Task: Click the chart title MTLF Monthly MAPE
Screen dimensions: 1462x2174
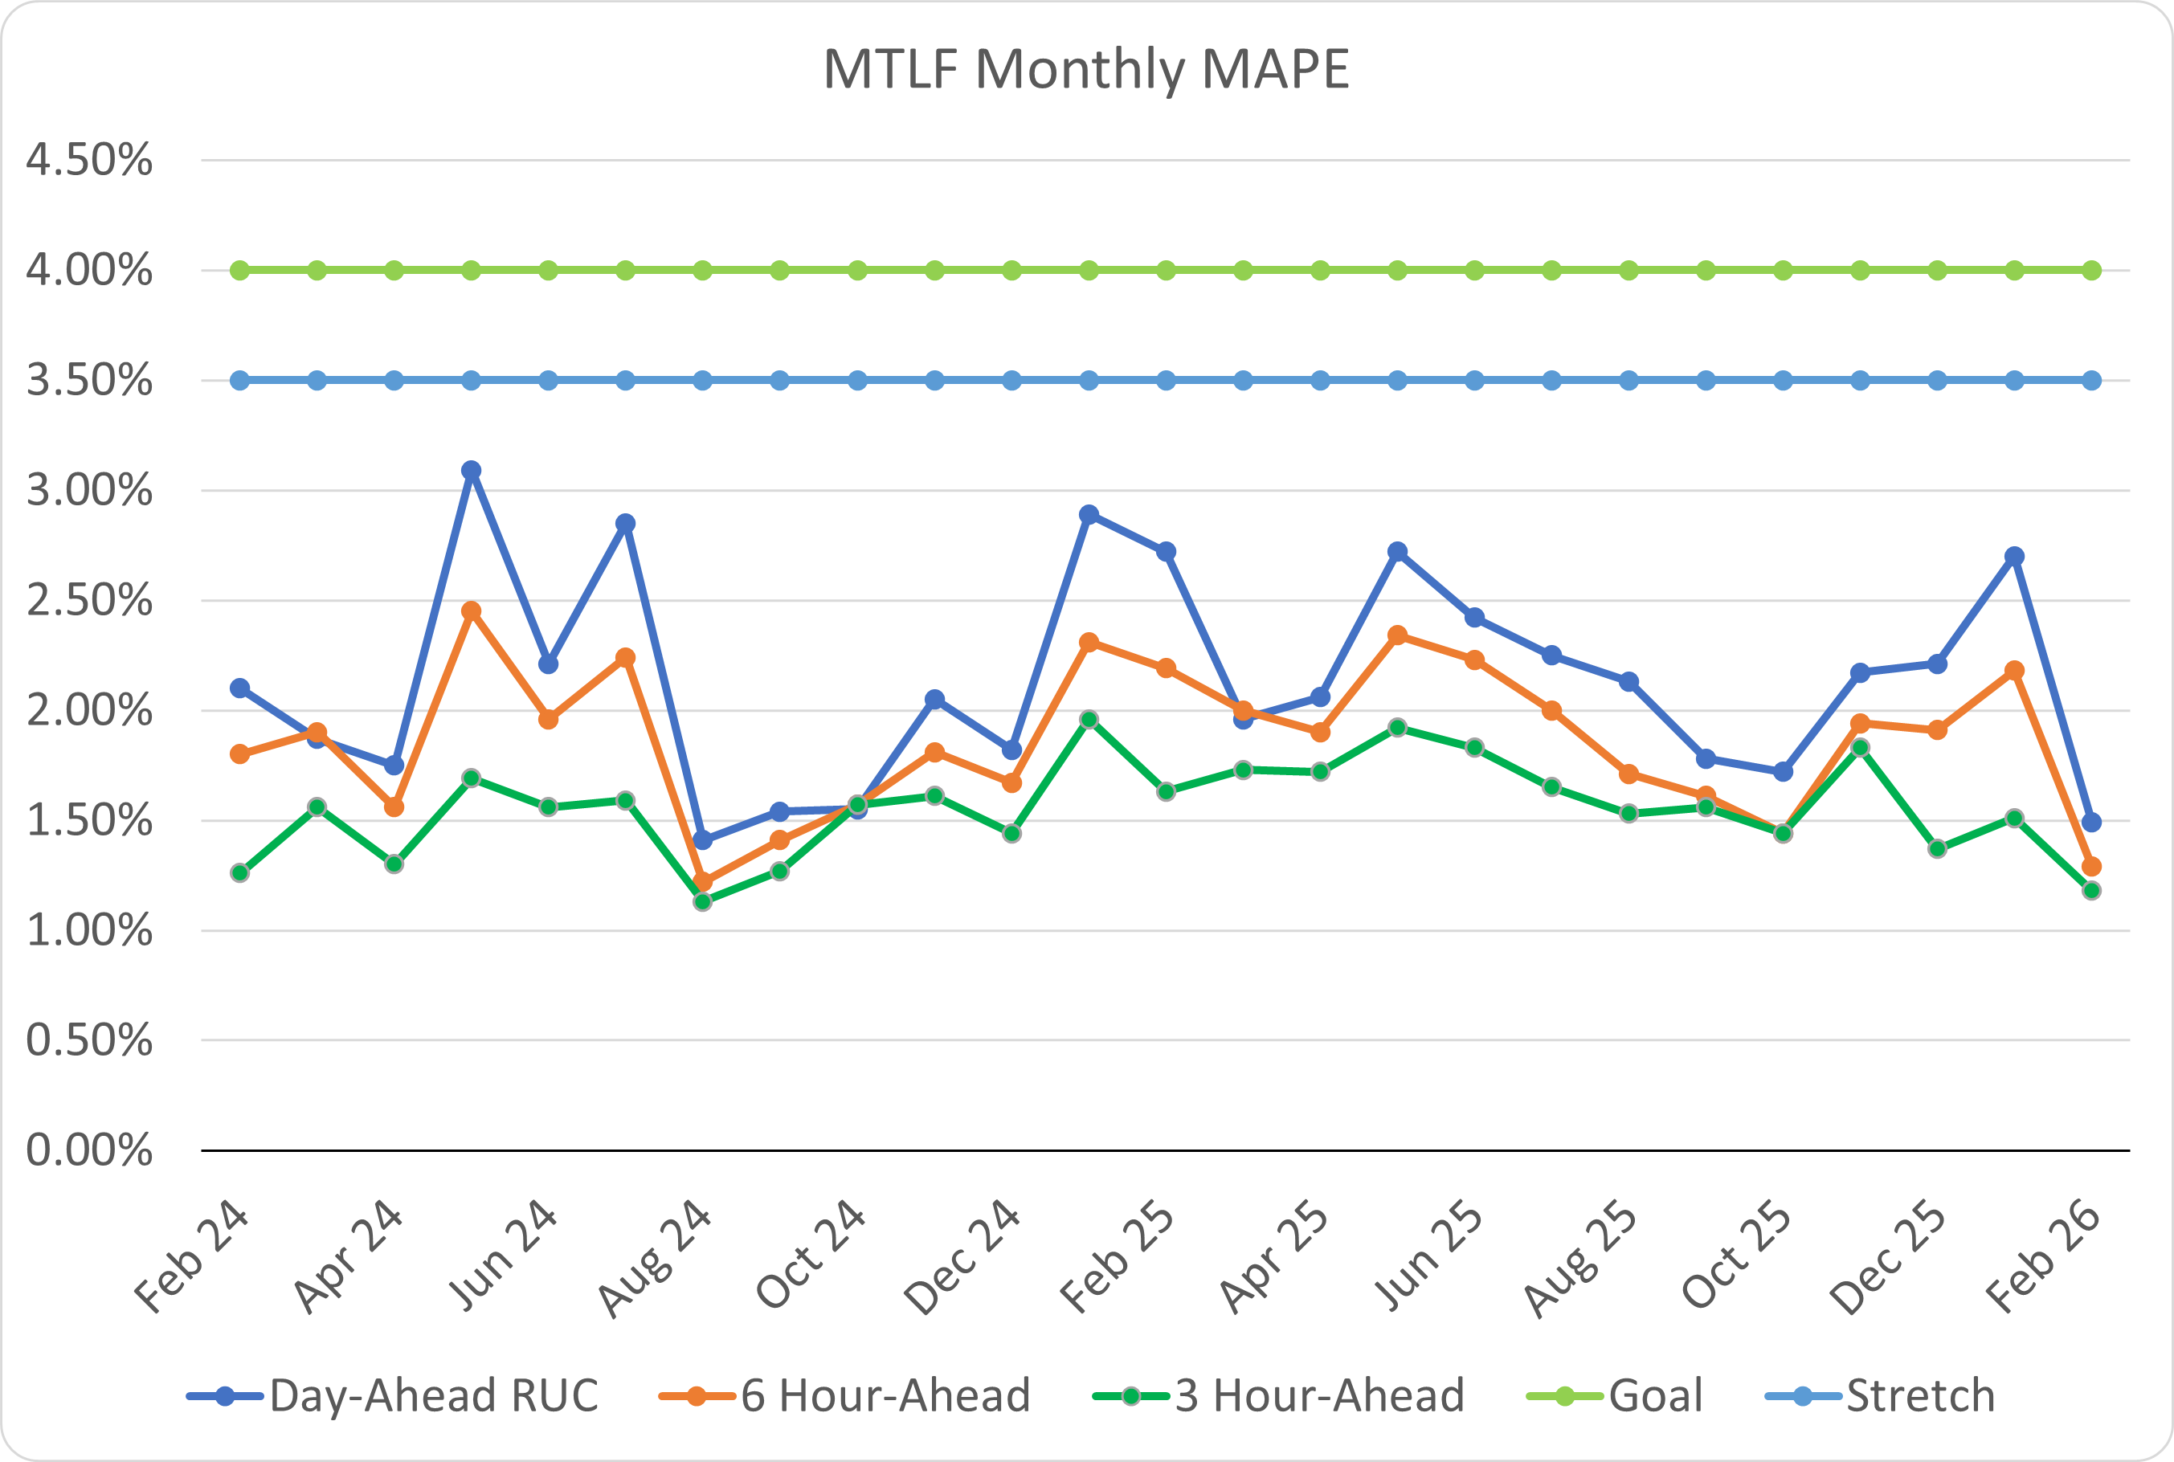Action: (x=1086, y=69)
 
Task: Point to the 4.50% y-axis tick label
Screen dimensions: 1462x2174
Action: (x=89, y=161)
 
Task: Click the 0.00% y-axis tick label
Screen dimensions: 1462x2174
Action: (x=89, y=1150)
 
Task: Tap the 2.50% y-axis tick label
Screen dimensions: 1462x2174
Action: (x=89, y=601)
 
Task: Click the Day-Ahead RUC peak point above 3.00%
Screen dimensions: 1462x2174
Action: (x=472, y=470)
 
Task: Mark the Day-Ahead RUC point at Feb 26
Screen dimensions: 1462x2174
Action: (x=2091, y=823)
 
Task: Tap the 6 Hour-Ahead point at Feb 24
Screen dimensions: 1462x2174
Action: (x=239, y=753)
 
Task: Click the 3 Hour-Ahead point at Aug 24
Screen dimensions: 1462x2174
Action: (x=703, y=901)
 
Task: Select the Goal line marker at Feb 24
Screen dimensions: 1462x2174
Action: (x=239, y=271)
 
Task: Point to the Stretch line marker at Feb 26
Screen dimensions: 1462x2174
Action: (x=2091, y=381)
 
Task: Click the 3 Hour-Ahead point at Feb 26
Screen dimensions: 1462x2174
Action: (x=2091, y=890)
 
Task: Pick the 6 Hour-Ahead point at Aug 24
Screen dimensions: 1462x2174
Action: (x=703, y=882)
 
